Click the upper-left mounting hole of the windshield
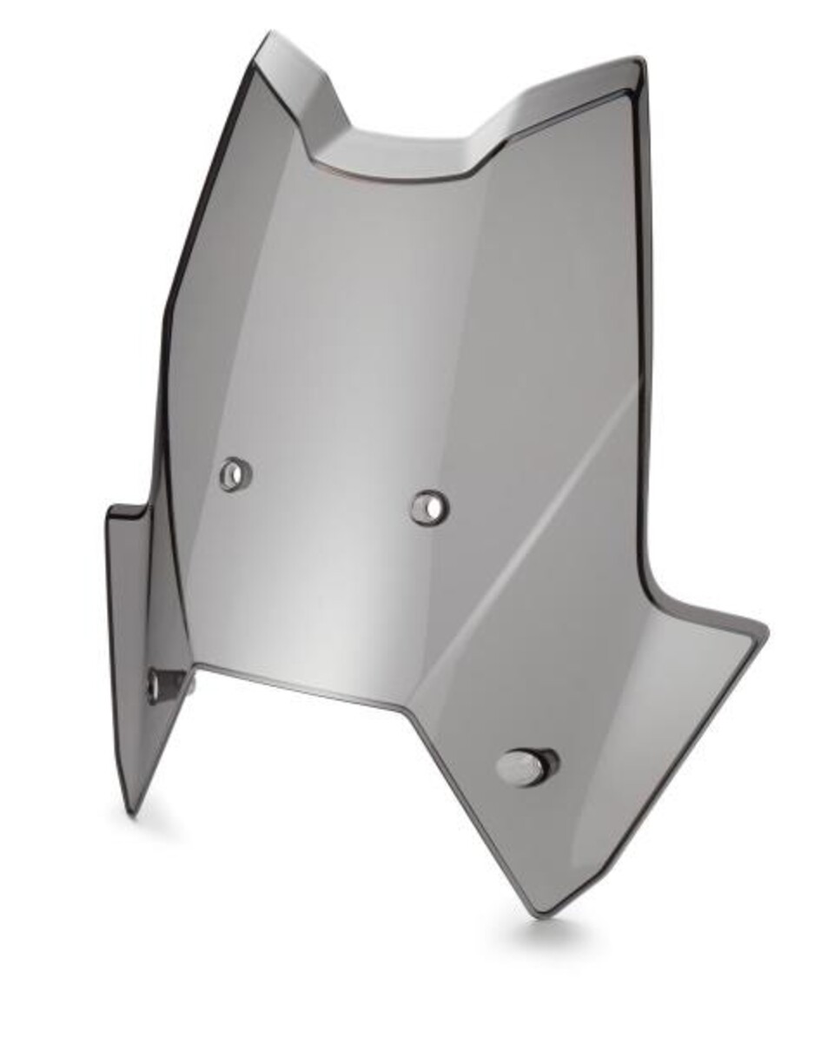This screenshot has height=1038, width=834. (235, 474)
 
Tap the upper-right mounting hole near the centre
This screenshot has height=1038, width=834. (429, 506)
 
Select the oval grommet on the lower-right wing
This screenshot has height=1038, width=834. (526, 767)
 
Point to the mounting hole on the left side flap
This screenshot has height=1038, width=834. (159, 685)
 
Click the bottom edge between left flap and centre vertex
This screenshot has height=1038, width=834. (295, 683)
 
